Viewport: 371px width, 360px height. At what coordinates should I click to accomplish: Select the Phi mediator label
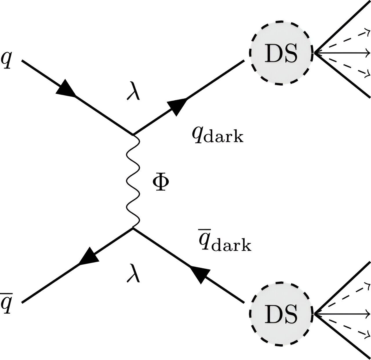[161, 183]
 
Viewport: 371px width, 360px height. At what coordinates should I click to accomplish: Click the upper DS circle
[281, 53]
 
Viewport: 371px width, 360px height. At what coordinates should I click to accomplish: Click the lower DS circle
[281, 314]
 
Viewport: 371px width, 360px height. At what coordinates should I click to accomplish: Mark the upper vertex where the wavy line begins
[133, 135]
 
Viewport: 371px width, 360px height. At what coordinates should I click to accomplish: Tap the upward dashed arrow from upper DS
[342, 40]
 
